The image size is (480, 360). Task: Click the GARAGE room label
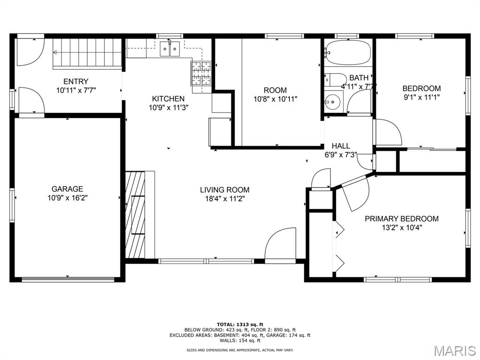(67, 189)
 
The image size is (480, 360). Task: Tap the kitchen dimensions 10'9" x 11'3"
(168, 108)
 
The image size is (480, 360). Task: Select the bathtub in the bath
(348, 52)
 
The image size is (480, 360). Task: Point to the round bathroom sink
(331, 100)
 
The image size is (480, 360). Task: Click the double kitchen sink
(170, 49)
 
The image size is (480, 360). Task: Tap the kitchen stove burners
(201, 74)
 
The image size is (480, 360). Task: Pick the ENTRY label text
(76, 82)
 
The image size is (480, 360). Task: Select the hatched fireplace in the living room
(135, 215)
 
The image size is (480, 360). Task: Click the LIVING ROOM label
(225, 190)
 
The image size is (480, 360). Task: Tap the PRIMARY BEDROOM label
(402, 219)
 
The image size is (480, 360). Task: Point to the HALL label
(341, 146)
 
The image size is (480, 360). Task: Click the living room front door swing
(280, 245)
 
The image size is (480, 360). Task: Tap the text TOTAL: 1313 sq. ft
(240, 324)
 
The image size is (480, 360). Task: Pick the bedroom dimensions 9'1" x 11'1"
(421, 97)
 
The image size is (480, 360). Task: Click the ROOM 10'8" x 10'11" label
(275, 95)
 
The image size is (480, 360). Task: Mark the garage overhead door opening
(67, 279)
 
